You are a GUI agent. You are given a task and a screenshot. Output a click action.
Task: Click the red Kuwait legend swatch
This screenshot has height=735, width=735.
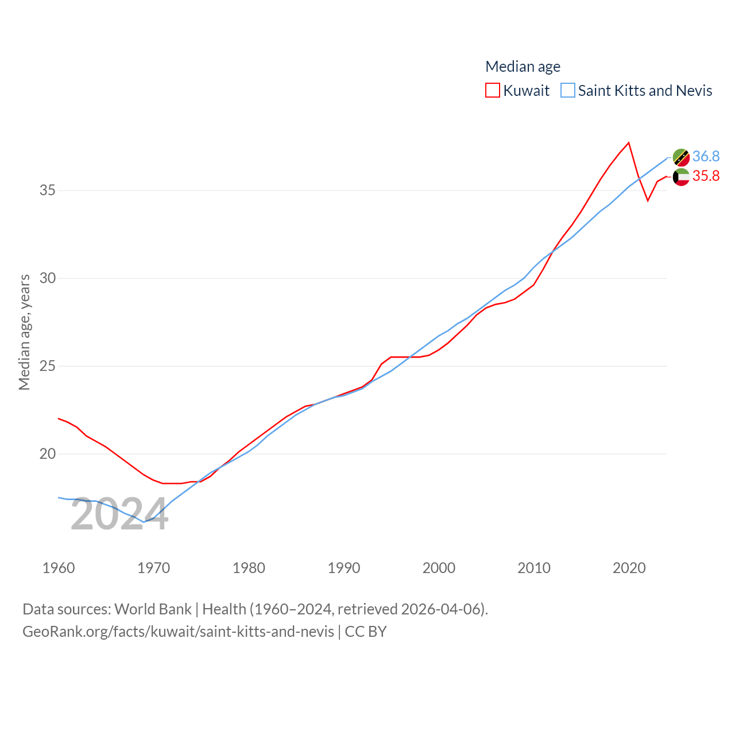point(493,91)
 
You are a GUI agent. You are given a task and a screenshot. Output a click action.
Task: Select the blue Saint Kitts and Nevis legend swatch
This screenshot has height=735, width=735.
point(567,91)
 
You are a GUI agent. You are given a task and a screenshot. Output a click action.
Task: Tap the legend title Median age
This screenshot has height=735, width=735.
point(523,67)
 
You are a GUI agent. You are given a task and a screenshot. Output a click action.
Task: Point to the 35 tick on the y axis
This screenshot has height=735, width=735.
point(48,190)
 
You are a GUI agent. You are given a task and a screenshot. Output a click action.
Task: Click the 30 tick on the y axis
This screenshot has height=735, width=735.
point(48,278)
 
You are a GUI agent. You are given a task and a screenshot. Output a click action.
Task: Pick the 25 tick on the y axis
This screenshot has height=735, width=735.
point(48,366)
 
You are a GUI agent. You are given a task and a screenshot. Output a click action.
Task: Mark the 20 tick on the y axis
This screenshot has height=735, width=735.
point(48,454)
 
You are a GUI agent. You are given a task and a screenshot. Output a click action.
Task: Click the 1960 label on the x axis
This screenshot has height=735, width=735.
point(59,568)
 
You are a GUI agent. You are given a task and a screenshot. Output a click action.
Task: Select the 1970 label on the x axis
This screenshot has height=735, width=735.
point(153,568)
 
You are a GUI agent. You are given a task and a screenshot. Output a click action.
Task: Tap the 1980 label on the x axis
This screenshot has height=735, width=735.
point(249,568)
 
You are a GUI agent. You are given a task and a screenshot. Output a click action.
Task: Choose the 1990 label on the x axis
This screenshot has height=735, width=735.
point(344,568)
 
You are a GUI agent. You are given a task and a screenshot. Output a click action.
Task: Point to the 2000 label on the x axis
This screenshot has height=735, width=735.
point(439,568)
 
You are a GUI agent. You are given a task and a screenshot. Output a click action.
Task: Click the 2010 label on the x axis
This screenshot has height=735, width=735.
point(534,568)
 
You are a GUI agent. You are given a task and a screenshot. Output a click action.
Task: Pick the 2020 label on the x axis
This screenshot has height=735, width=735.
point(629,568)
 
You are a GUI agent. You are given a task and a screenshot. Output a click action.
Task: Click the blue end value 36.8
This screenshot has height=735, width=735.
point(706,156)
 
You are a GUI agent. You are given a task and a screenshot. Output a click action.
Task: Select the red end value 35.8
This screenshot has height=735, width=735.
point(706,176)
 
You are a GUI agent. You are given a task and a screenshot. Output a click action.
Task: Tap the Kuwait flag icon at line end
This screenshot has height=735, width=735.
point(681,177)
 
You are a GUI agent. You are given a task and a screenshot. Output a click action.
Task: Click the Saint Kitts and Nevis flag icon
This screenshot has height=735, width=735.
point(681,157)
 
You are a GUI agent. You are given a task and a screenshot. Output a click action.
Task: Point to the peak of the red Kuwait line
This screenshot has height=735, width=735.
point(629,142)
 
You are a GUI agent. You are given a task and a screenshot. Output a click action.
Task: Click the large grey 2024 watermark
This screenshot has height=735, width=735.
point(119,514)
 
